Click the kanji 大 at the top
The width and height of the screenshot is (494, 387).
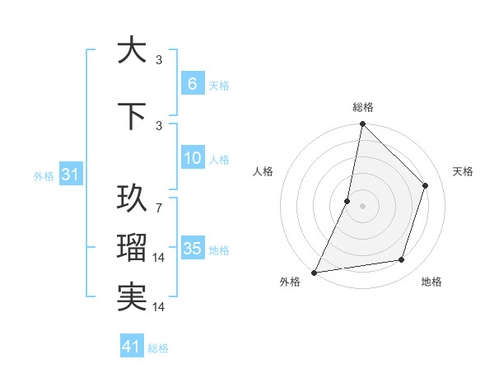coord(132,50)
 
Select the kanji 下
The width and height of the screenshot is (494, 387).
coord(132,116)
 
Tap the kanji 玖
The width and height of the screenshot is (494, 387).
coord(132,198)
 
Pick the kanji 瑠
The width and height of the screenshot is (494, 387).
coord(132,248)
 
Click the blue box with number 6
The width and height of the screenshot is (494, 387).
coord(192,84)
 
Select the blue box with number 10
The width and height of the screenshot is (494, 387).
coord(192,158)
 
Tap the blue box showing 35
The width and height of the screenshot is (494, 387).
coord(192,249)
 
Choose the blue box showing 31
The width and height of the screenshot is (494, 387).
coord(69,175)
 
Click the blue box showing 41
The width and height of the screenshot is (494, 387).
coord(132,347)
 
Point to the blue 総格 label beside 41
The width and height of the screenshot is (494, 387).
coord(158,348)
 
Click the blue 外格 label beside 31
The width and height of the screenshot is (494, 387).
coord(43,175)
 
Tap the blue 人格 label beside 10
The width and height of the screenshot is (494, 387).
coord(219,159)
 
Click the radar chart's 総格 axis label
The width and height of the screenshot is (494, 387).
coord(362,107)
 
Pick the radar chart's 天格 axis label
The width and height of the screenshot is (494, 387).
coord(463,171)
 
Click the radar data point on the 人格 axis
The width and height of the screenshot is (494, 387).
coord(347,201)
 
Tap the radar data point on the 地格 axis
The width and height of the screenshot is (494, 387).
coord(402,260)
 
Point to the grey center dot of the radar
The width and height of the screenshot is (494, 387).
coord(362,206)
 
